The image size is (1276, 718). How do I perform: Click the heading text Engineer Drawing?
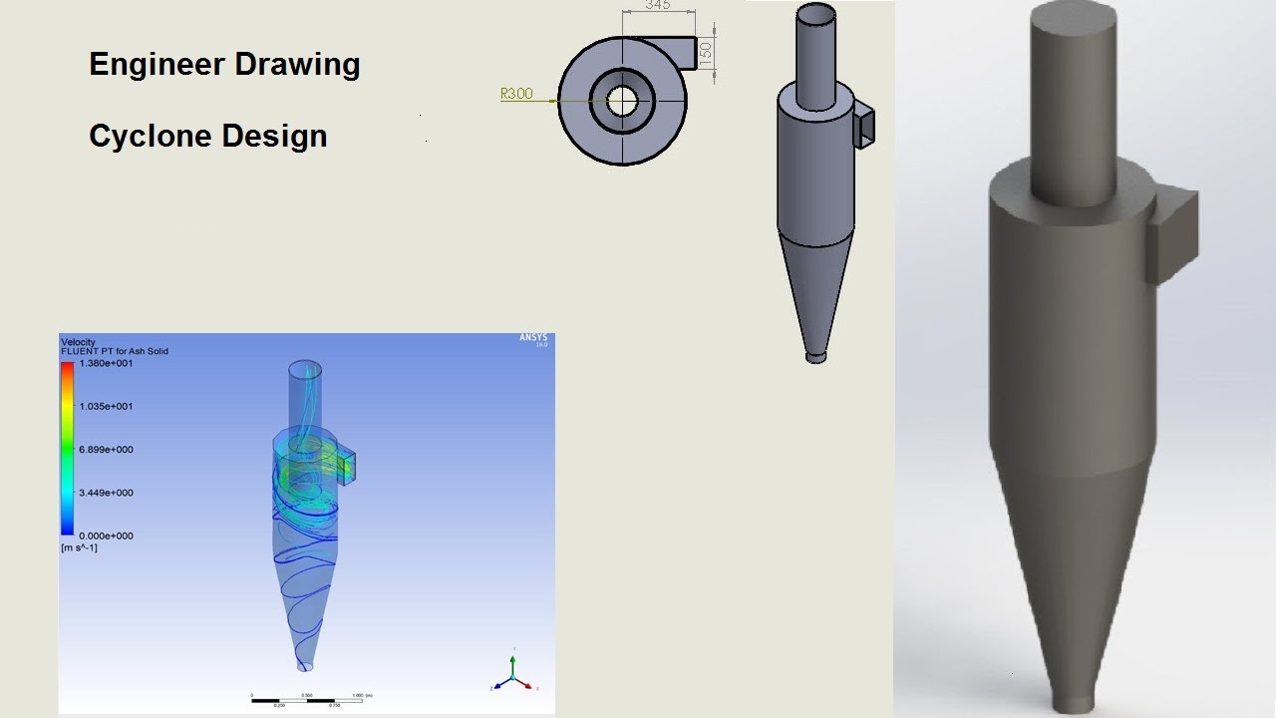224,65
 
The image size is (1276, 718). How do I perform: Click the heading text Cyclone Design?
207,136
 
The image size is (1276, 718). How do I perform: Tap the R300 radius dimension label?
516,95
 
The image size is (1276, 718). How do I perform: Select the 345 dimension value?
657,5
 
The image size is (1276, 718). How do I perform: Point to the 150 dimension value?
706,53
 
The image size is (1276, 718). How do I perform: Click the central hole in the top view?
623,100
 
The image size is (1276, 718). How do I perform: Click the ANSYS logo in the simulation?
533,338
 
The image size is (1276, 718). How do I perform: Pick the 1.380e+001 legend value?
106,364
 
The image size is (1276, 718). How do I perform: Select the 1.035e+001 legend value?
106,407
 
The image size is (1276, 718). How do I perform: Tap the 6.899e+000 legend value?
106,450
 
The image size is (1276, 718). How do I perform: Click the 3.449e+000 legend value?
106,493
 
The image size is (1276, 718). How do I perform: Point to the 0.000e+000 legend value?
106,536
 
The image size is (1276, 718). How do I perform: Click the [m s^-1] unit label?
80,547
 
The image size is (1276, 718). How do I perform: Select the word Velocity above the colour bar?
79,342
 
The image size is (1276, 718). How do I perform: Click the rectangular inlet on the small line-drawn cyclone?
863,126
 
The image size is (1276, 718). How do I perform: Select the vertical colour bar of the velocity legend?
67,449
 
